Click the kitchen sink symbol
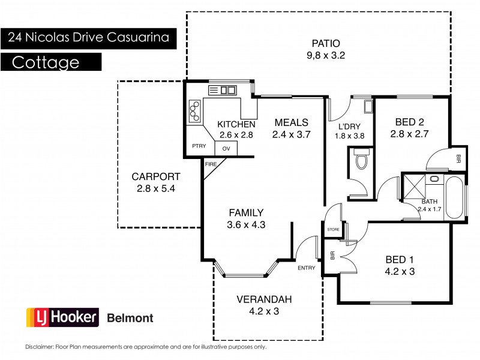click(x=222, y=90)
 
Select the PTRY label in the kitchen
click(x=199, y=146)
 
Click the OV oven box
click(x=226, y=148)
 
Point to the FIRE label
click(x=211, y=163)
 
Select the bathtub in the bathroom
click(x=454, y=198)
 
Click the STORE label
click(x=334, y=229)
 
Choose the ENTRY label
click(x=306, y=268)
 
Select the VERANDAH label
click(x=257, y=299)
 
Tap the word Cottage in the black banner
click(x=46, y=62)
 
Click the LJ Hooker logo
click(x=62, y=318)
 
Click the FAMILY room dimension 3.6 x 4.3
click(x=246, y=225)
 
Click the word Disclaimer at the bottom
click(x=40, y=347)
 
